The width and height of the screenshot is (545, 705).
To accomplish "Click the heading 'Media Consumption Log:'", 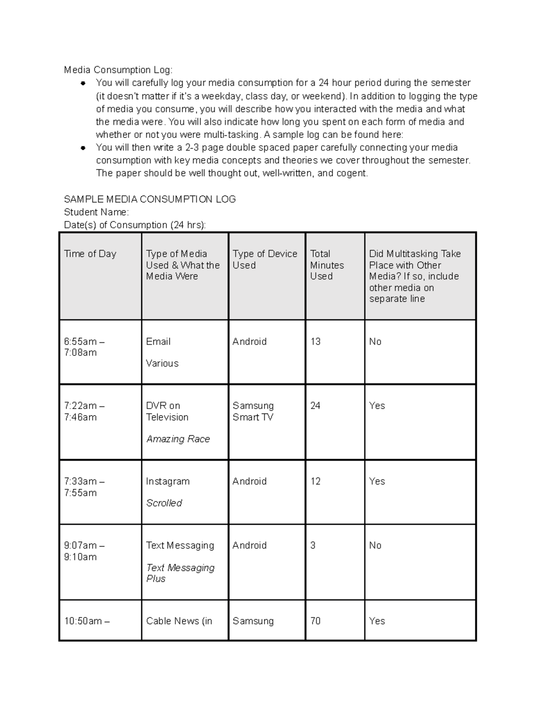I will (118, 70).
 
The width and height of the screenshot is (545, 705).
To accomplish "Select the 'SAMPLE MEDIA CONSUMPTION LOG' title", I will (150, 199).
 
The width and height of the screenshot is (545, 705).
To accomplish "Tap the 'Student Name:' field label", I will (96, 212).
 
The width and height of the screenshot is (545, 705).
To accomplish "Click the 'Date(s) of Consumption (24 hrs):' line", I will (135, 225).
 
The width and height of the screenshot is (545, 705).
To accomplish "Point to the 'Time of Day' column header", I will (90, 254).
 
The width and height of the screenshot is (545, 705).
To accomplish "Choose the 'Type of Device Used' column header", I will (265, 259).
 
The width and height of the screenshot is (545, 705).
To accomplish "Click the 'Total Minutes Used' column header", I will (327, 265).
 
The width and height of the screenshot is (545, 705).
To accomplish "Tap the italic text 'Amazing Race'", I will (178, 439).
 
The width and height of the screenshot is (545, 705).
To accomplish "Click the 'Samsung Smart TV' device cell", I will (253, 411).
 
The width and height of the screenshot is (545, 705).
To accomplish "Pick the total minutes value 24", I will (315, 406).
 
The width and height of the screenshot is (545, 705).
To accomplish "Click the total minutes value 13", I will (315, 341).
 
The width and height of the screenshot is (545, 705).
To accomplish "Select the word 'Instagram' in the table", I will (168, 481).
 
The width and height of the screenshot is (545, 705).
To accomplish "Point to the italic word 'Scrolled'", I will (164, 503).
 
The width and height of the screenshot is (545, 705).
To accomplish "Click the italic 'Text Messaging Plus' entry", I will (180, 573).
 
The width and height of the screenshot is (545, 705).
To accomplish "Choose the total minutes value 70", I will (315, 621).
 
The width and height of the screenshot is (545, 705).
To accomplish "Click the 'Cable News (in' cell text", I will (179, 621).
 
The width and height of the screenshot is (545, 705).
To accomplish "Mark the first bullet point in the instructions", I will (83, 83).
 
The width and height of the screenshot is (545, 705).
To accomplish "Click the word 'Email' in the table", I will (158, 341).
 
